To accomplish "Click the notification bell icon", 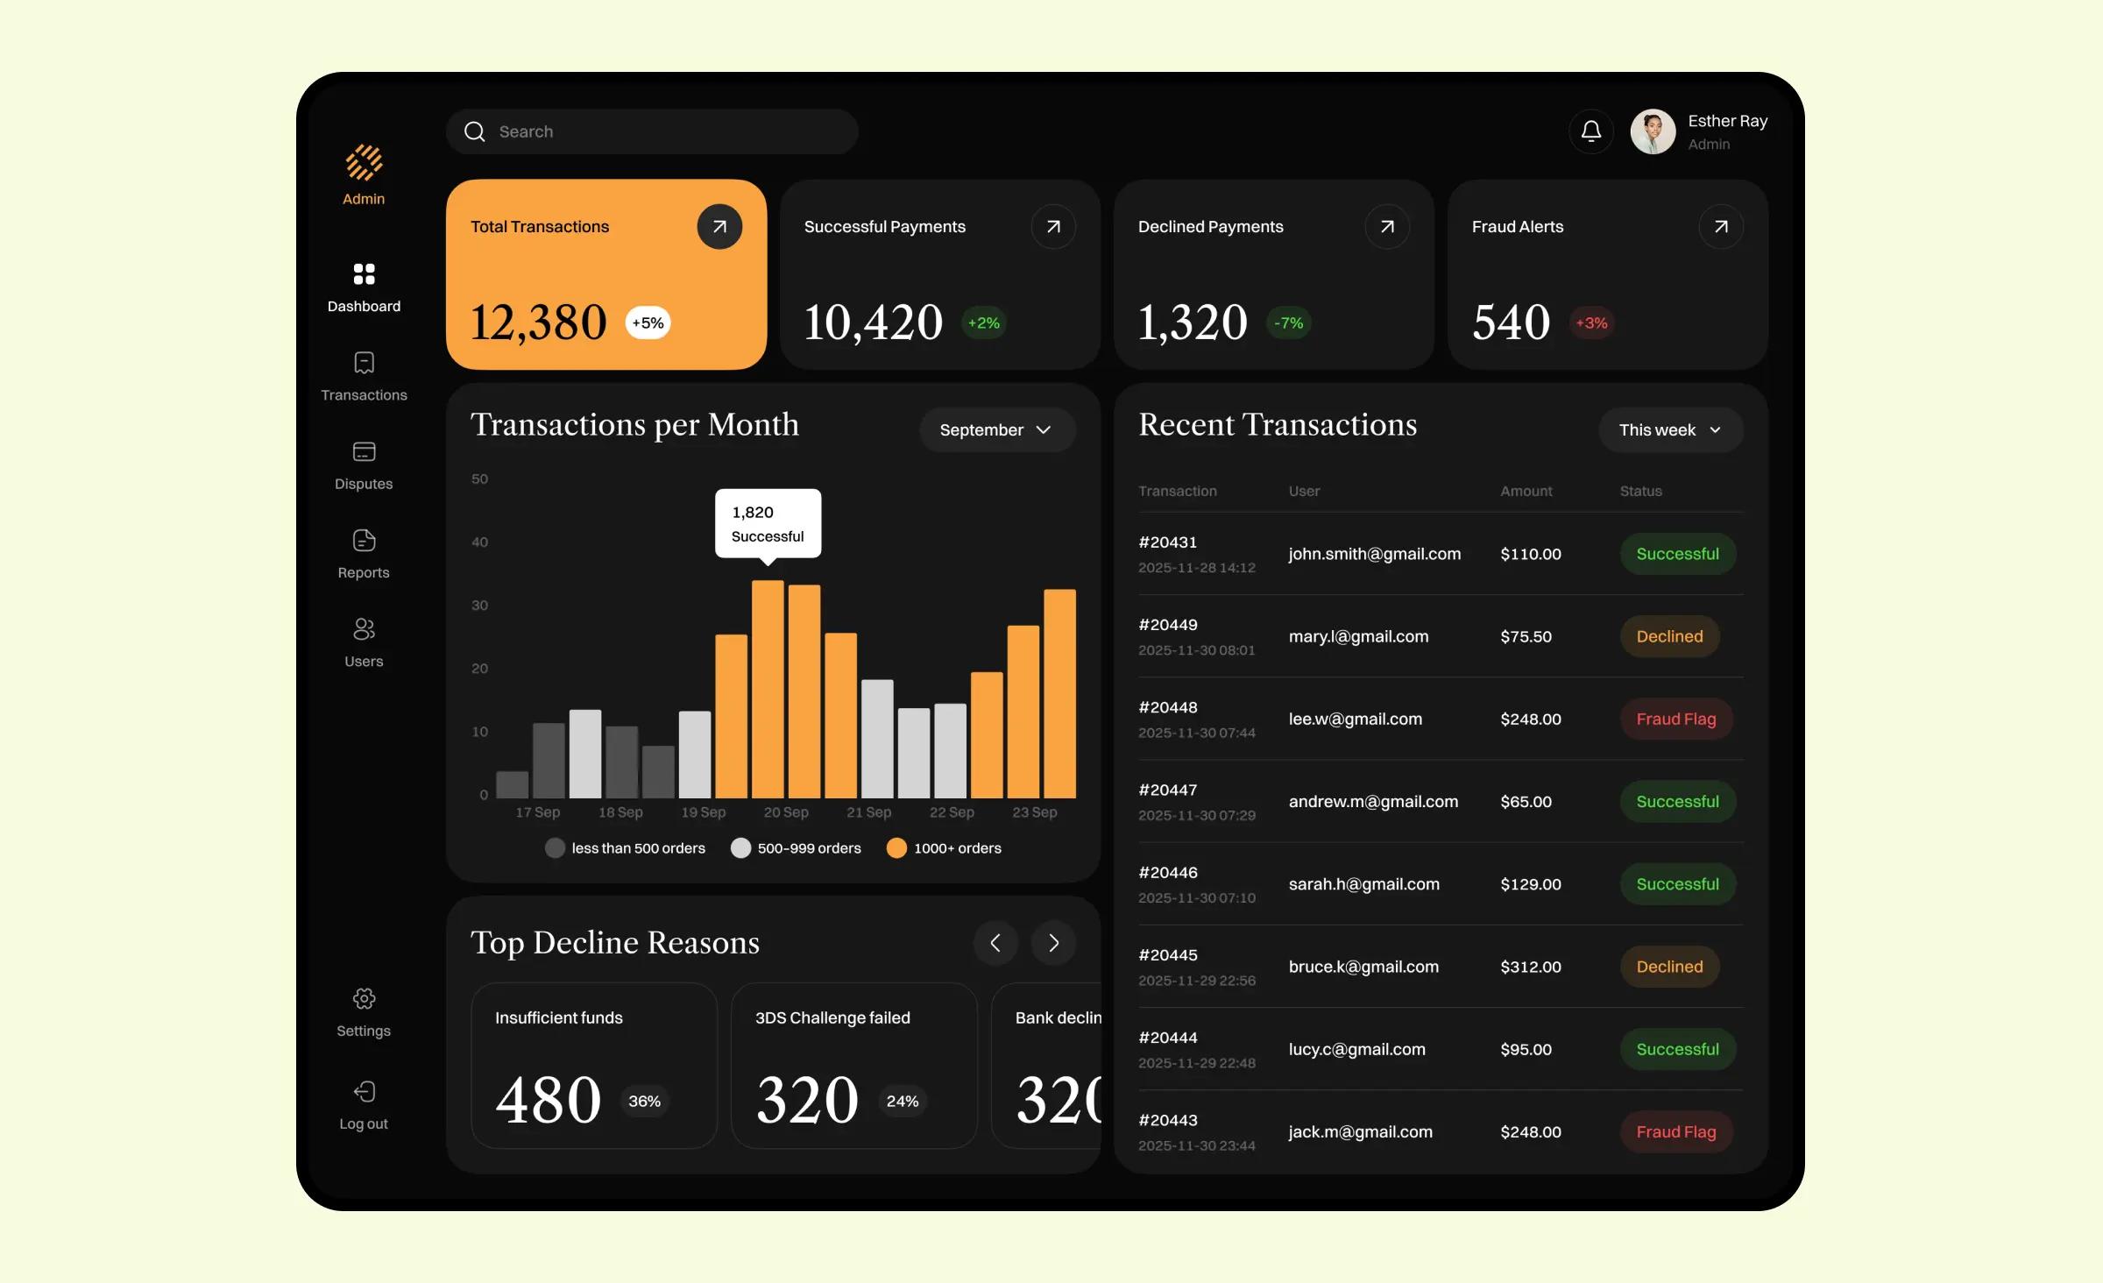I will (1590, 131).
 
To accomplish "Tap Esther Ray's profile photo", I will (1653, 131).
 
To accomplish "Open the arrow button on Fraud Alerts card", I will (1720, 227).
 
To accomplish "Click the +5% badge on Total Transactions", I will (648, 323).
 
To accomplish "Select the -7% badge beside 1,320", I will (1288, 323).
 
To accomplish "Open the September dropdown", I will (996, 430).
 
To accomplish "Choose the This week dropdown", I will (1670, 430).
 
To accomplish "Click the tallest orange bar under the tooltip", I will (768, 688).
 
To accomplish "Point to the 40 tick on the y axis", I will (479, 542).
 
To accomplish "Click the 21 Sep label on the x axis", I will (868, 812).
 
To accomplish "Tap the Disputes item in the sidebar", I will (364, 465).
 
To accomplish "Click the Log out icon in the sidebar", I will (364, 1092).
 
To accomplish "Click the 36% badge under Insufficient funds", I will (644, 1102).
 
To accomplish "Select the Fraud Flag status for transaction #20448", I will (1675, 719).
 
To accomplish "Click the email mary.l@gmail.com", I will (1358, 637).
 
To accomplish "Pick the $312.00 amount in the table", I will (1530, 968).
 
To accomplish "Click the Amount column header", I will (1526, 492).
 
